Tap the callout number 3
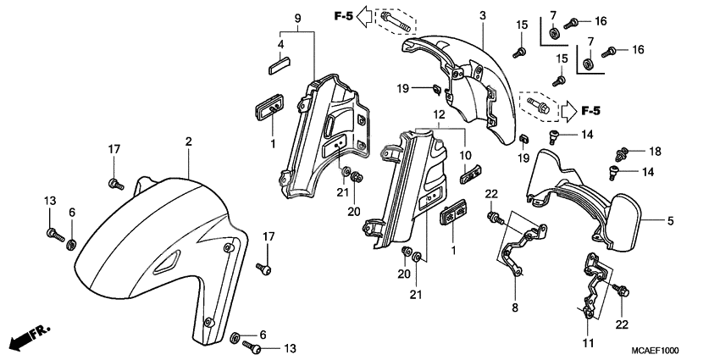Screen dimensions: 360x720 coord(482,16)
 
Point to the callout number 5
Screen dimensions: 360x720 coord(671,222)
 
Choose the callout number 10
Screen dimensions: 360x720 coord(464,155)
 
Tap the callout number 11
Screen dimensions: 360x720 coord(589,344)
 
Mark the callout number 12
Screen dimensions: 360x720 coord(438,114)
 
